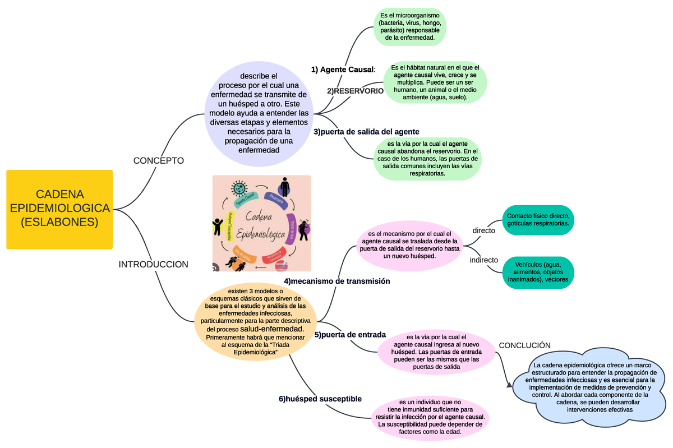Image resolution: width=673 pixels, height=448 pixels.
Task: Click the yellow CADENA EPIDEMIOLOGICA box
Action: point(59,209)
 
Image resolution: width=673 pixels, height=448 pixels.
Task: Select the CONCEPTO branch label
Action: point(158,161)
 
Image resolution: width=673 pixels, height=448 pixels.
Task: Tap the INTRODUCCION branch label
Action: point(153,264)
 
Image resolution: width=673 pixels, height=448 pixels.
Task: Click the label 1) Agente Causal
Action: point(343,70)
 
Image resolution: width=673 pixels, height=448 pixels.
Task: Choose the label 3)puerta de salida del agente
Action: point(366,132)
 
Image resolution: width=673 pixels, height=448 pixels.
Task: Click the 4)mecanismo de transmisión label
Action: point(336,281)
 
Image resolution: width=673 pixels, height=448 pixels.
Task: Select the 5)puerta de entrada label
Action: point(350,335)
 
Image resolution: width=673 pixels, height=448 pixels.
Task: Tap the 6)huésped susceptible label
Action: point(320,399)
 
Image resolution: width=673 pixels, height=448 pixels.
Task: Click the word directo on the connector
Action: point(483,230)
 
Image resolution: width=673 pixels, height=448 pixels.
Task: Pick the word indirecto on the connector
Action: point(483,260)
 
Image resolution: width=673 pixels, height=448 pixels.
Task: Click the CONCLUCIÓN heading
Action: point(524,345)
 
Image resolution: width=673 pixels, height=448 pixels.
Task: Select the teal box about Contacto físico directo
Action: point(538,220)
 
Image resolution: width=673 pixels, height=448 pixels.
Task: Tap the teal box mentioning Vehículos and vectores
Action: point(538,271)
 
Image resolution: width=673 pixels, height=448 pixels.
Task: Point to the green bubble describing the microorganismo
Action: point(410,26)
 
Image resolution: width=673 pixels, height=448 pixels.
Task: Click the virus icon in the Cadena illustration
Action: point(240,188)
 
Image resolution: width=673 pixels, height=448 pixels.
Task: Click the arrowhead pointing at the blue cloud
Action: point(509,386)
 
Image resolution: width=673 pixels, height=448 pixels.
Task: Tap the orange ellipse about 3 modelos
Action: point(256,322)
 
